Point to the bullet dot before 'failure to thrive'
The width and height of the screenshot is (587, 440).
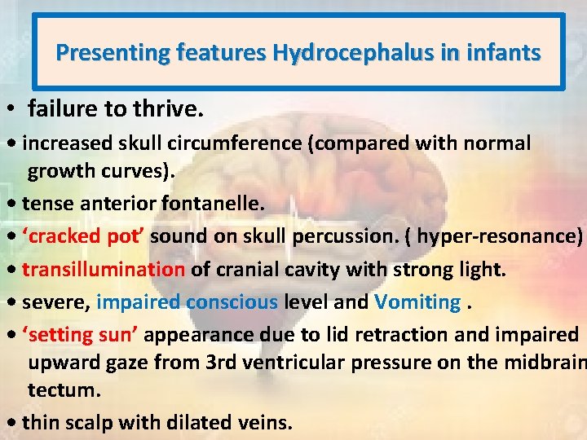point(12,108)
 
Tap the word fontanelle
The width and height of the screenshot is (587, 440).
point(215,204)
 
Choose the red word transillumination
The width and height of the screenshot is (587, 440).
point(104,270)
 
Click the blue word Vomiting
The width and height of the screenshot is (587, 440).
point(417,302)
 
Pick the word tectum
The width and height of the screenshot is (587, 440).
point(64,390)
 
